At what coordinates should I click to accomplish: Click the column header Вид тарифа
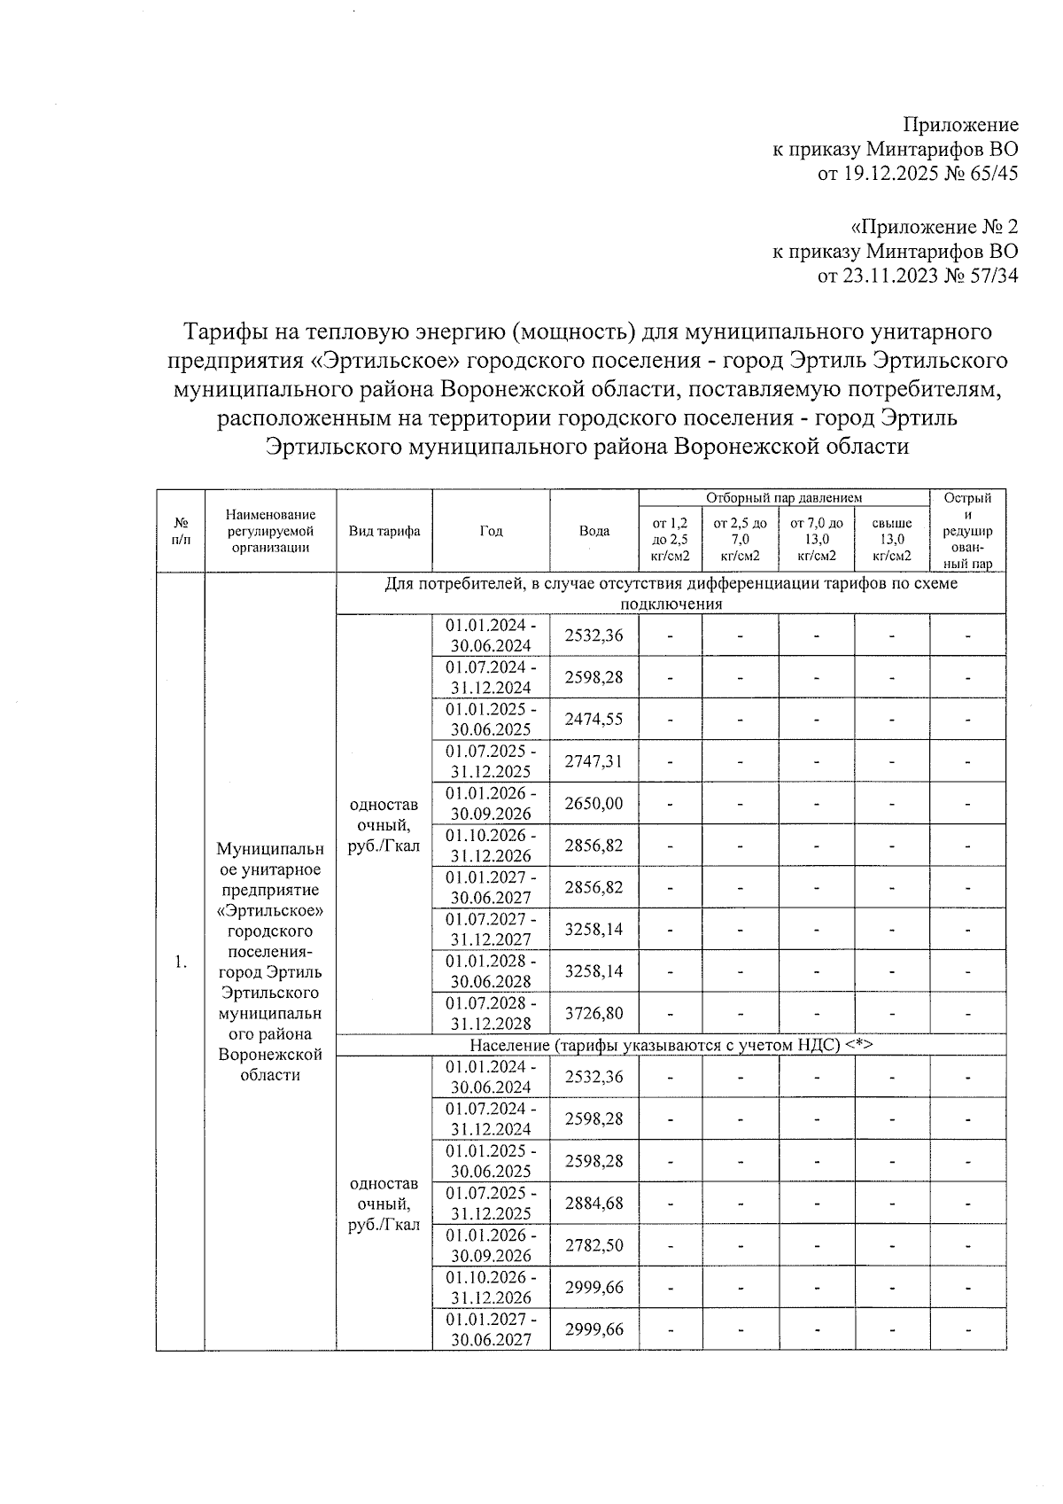point(384,531)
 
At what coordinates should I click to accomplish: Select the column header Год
point(491,531)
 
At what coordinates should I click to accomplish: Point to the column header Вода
point(594,531)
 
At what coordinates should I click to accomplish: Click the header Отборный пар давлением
point(784,498)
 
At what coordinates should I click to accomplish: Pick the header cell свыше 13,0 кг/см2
point(891,540)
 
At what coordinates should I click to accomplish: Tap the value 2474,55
point(594,719)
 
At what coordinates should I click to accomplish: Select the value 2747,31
point(594,761)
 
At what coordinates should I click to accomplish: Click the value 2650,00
point(594,803)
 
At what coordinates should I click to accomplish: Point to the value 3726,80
point(594,1013)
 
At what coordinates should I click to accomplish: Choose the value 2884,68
point(594,1204)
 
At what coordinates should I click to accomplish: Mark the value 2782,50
point(594,1245)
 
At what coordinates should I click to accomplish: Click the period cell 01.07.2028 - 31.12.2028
point(491,1013)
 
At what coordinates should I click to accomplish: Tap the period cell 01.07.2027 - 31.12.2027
point(491,929)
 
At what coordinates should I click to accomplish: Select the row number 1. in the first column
point(181,962)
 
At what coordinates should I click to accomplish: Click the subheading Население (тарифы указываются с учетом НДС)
point(671,1045)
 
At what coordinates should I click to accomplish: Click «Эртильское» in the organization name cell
point(270,911)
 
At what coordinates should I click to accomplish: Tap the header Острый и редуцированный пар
point(967,531)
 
